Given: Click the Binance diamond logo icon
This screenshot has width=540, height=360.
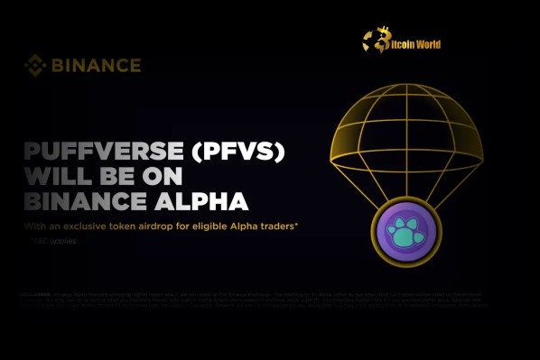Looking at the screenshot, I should point(34,65).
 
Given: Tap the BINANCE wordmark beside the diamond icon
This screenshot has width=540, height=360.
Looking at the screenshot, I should point(95,65).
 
